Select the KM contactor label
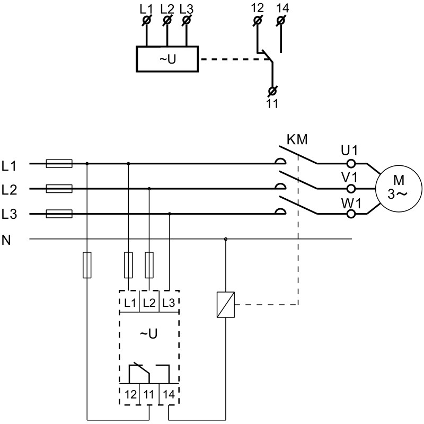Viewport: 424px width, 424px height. [297, 140]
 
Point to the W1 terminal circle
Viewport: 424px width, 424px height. [350, 214]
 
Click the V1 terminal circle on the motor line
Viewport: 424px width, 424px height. [350, 188]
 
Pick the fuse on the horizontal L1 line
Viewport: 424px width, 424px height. [59, 164]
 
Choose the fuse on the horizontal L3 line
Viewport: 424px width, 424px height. [59, 214]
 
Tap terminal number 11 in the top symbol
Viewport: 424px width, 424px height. [272, 103]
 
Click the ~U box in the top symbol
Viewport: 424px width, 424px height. [167, 59]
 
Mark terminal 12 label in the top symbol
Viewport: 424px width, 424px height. [257, 8]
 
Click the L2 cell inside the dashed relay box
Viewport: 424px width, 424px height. [149, 303]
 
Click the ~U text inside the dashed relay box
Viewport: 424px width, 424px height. [149, 334]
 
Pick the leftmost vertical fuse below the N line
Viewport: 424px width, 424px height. [87, 265]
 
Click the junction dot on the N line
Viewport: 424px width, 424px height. [226, 239]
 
